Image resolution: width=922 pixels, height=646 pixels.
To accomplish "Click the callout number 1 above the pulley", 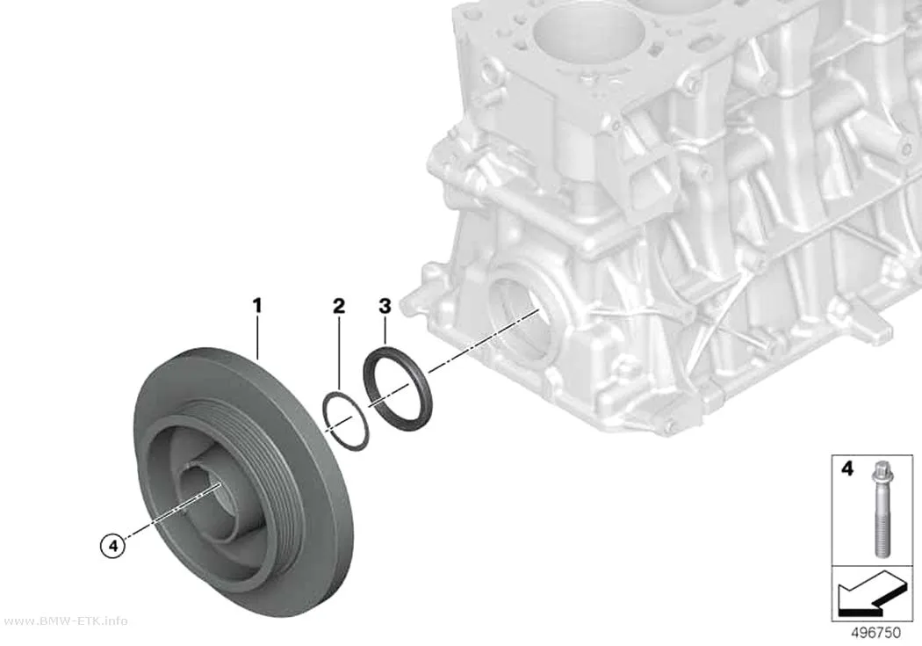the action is click(257, 306).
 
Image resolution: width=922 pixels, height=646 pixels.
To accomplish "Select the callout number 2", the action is click(339, 306).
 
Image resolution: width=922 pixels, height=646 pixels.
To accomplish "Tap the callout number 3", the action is click(385, 306).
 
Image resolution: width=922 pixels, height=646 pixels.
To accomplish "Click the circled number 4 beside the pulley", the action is click(113, 546).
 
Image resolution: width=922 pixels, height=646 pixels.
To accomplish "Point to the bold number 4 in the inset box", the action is click(846, 469).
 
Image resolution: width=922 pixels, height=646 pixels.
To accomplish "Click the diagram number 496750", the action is click(876, 633).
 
